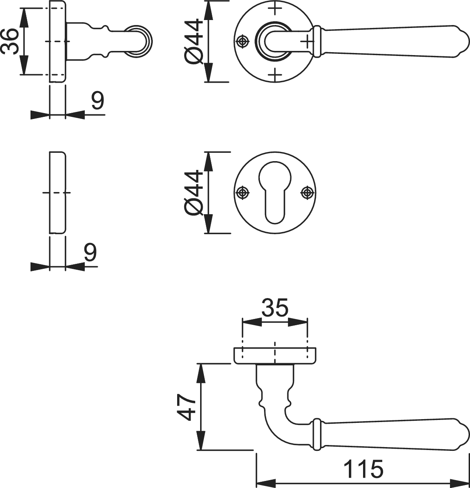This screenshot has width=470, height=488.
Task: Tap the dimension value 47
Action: click(x=186, y=407)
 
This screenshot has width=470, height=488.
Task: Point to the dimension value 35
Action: click(x=275, y=307)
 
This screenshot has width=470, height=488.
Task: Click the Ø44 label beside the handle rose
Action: click(x=193, y=41)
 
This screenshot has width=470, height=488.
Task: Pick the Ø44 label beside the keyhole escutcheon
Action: click(x=193, y=192)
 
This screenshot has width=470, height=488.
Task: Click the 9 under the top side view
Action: click(x=97, y=100)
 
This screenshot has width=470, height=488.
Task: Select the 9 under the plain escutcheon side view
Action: click(x=90, y=253)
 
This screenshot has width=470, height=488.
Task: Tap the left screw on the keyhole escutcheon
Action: click(x=243, y=193)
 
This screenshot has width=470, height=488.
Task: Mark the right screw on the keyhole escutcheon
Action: click(x=307, y=193)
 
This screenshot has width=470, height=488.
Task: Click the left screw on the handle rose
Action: click(x=243, y=41)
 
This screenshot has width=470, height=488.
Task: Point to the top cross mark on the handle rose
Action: click(x=275, y=8)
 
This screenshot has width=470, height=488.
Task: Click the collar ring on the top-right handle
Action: click(x=316, y=41)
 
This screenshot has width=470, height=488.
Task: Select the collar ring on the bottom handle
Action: click(x=316, y=435)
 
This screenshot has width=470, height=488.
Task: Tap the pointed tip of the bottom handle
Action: click(x=469, y=435)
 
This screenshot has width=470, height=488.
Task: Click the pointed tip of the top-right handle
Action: click(x=469, y=41)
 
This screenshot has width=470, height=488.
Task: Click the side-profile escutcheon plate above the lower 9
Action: click(x=58, y=192)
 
